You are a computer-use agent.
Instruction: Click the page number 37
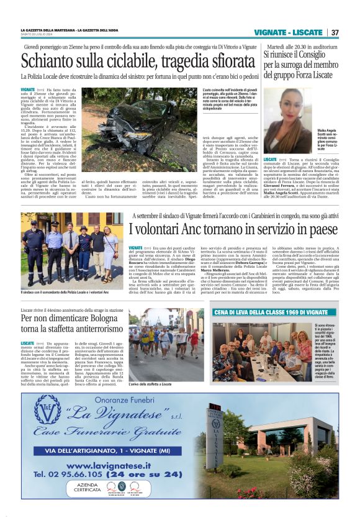click(335, 32)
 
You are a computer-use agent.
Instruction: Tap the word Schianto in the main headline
click(53, 63)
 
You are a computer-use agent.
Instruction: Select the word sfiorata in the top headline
click(222, 63)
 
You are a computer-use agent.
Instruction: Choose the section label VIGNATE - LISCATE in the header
click(292, 32)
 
